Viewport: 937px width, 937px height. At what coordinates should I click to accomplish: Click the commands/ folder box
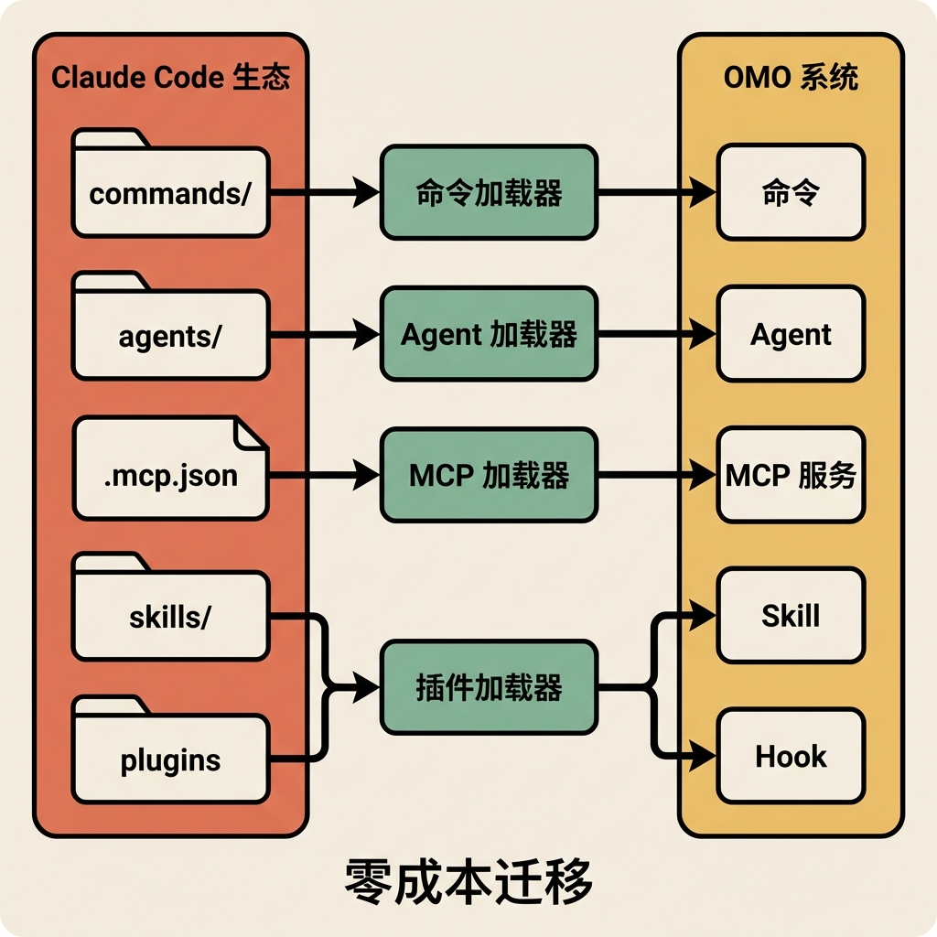(x=170, y=194)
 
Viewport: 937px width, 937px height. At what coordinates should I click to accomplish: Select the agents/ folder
(x=170, y=337)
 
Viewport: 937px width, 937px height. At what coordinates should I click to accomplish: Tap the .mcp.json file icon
(x=170, y=476)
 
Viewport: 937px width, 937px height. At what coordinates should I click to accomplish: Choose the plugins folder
(x=170, y=759)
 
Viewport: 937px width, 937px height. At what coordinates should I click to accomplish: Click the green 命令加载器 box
(x=489, y=192)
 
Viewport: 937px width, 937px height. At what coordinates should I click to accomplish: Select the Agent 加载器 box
(x=489, y=334)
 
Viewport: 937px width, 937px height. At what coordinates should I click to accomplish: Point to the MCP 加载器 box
(x=489, y=475)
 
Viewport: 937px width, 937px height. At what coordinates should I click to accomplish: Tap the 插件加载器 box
(x=489, y=688)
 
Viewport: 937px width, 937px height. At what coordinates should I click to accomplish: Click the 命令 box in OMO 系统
(x=791, y=192)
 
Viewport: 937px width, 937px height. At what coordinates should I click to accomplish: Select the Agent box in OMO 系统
(x=791, y=334)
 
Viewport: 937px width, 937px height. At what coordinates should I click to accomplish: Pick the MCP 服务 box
(x=791, y=475)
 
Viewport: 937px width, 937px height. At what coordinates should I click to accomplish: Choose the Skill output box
(x=791, y=615)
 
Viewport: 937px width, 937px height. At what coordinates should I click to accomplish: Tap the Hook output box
(x=791, y=756)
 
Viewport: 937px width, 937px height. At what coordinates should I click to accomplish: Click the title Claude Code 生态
(x=170, y=77)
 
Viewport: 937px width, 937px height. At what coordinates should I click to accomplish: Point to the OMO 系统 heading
(x=791, y=77)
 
